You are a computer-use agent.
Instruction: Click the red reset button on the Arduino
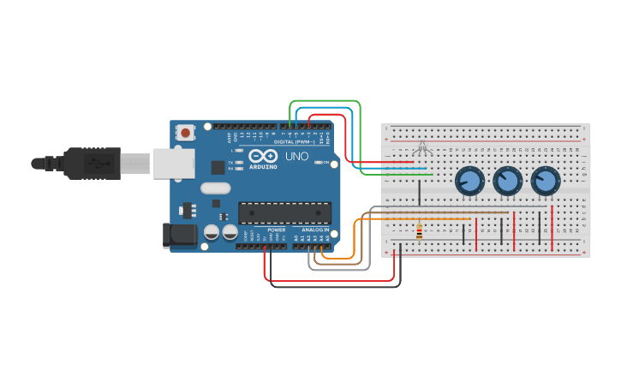(185, 132)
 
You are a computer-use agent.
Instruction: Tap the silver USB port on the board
(174, 163)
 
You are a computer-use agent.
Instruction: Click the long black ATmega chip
(284, 212)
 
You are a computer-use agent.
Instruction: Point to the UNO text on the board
(296, 157)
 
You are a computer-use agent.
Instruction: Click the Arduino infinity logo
(265, 156)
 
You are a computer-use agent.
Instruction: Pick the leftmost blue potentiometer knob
(469, 181)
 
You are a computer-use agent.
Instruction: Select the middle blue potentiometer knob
(507, 181)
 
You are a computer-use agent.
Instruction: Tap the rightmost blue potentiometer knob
(545, 181)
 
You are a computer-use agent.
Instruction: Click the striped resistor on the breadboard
(419, 231)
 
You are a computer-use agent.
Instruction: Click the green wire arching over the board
(325, 101)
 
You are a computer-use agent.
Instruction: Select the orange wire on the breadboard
(428, 219)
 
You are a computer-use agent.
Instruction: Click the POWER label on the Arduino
(276, 230)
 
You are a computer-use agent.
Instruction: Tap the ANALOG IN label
(314, 230)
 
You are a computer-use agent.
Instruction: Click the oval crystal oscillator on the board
(215, 188)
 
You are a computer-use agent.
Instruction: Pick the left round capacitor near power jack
(212, 232)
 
